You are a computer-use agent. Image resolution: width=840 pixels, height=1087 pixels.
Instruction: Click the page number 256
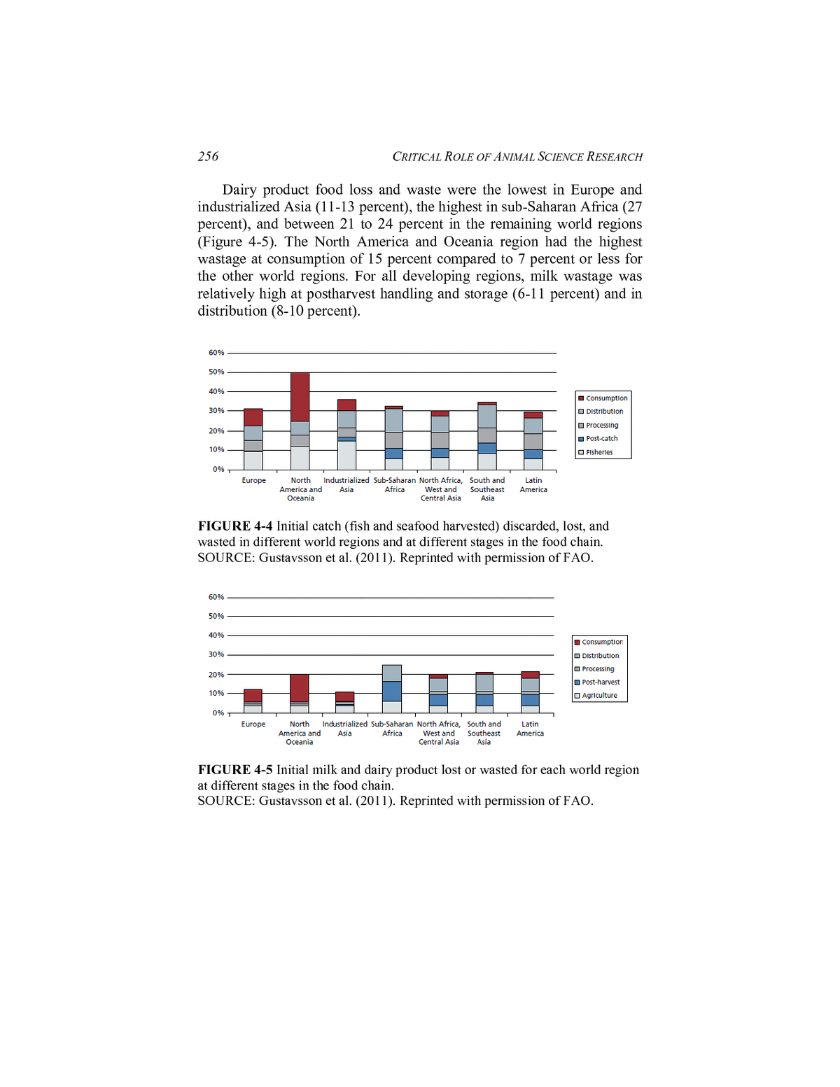208,157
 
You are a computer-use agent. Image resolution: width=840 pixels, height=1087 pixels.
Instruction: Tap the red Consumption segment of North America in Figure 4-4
300,396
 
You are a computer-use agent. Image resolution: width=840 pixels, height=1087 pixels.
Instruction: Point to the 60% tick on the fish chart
216,353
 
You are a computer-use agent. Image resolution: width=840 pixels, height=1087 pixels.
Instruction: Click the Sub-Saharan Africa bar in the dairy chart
392,689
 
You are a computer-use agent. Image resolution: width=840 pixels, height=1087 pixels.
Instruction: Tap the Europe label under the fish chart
253,481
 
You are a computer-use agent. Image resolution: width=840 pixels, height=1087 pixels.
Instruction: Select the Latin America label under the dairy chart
530,729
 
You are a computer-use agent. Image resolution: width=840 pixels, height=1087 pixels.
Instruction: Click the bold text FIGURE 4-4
235,526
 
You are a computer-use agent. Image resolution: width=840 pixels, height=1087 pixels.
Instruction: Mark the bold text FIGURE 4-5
235,770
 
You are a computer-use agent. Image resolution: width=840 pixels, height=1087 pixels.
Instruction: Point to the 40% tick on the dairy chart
216,636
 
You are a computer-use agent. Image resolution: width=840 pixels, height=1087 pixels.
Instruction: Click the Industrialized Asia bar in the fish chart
346,435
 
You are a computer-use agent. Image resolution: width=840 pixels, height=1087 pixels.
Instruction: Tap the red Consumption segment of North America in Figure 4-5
300,687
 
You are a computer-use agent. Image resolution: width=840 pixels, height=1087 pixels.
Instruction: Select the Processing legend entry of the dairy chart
597,669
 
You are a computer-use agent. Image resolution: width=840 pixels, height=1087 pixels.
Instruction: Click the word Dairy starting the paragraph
239,190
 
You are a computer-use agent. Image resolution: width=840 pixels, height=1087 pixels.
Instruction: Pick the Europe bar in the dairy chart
253,701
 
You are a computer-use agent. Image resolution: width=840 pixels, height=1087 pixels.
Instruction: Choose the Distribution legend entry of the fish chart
603,412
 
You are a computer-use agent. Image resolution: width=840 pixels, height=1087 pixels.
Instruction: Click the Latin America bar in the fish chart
533,442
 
